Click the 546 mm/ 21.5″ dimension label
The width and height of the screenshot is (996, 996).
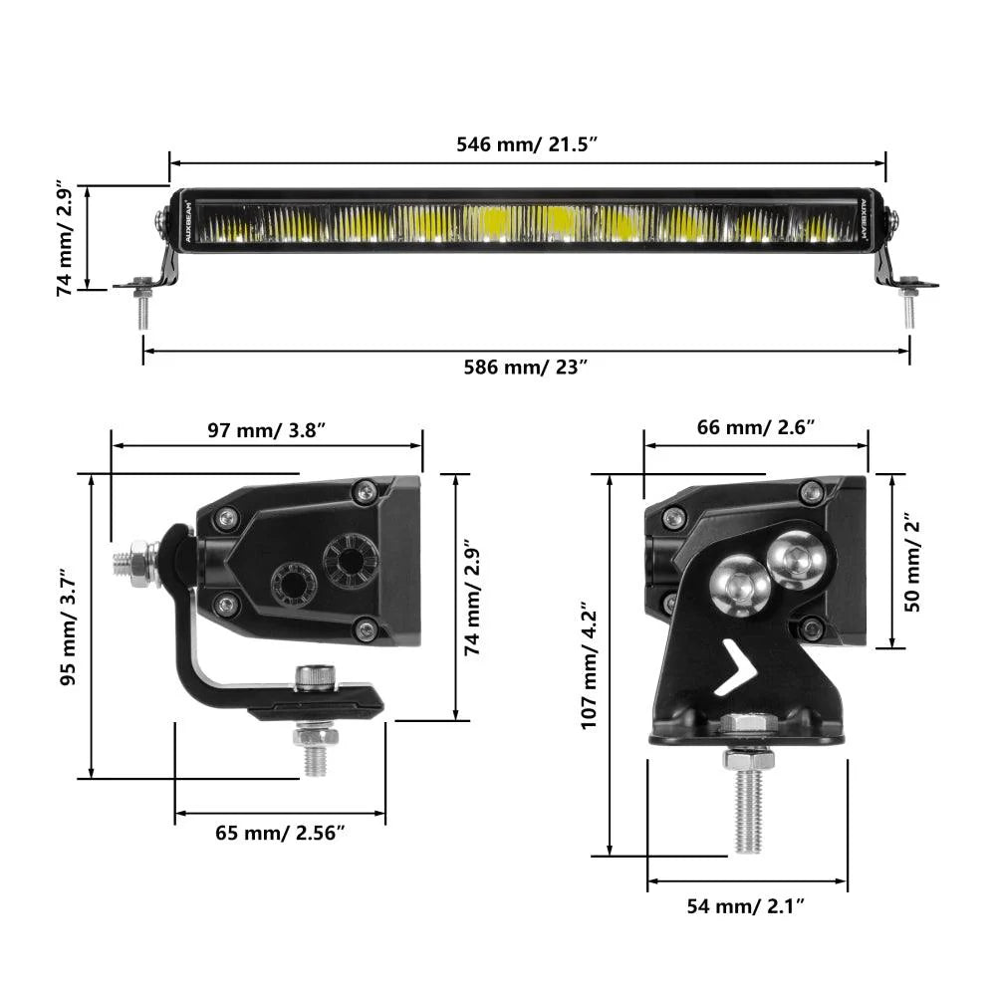click(526, 143)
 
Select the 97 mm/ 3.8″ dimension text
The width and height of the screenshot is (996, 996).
click(266, 430)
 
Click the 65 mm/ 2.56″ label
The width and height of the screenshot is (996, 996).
click(280, 833)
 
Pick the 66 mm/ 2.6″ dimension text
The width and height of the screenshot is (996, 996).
click(755, 428)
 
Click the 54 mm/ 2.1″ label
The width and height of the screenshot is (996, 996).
click(745, 905)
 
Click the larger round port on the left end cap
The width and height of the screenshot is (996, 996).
click(350, 560)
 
